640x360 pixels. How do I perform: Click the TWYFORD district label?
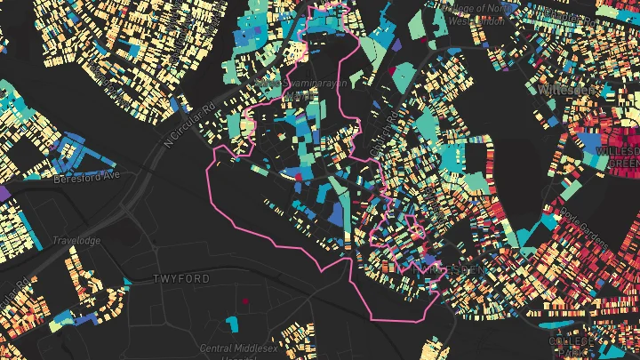click(x=181, y=279)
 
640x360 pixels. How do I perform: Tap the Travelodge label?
click(x=76, y=241)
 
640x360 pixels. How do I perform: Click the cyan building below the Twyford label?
click(x=233, y=320)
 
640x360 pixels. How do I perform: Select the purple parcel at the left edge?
click(x=4, y=191)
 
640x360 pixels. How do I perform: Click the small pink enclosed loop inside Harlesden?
click(x=411, y=220)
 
